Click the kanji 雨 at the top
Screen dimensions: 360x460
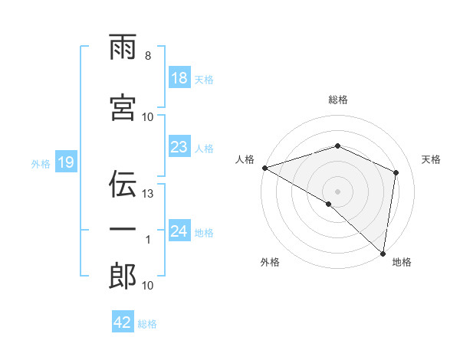123,47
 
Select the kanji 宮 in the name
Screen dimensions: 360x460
123,108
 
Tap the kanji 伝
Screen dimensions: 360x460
123,185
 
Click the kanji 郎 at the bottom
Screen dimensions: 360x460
123,277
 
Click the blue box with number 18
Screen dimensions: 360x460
179,78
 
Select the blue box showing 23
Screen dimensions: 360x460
179,147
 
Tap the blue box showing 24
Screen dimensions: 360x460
179,231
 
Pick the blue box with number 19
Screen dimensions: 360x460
65,162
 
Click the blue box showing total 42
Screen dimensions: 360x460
123,322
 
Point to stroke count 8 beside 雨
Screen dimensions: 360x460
148,56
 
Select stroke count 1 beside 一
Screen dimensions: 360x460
148,240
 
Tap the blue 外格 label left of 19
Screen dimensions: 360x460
41,163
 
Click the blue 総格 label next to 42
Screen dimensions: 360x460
147,323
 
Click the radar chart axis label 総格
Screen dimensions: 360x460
337,100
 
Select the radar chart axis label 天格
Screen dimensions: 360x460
432,159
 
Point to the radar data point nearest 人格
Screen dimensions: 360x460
264,168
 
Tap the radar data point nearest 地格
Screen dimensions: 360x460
383,253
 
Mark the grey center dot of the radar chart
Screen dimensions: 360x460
337,191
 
